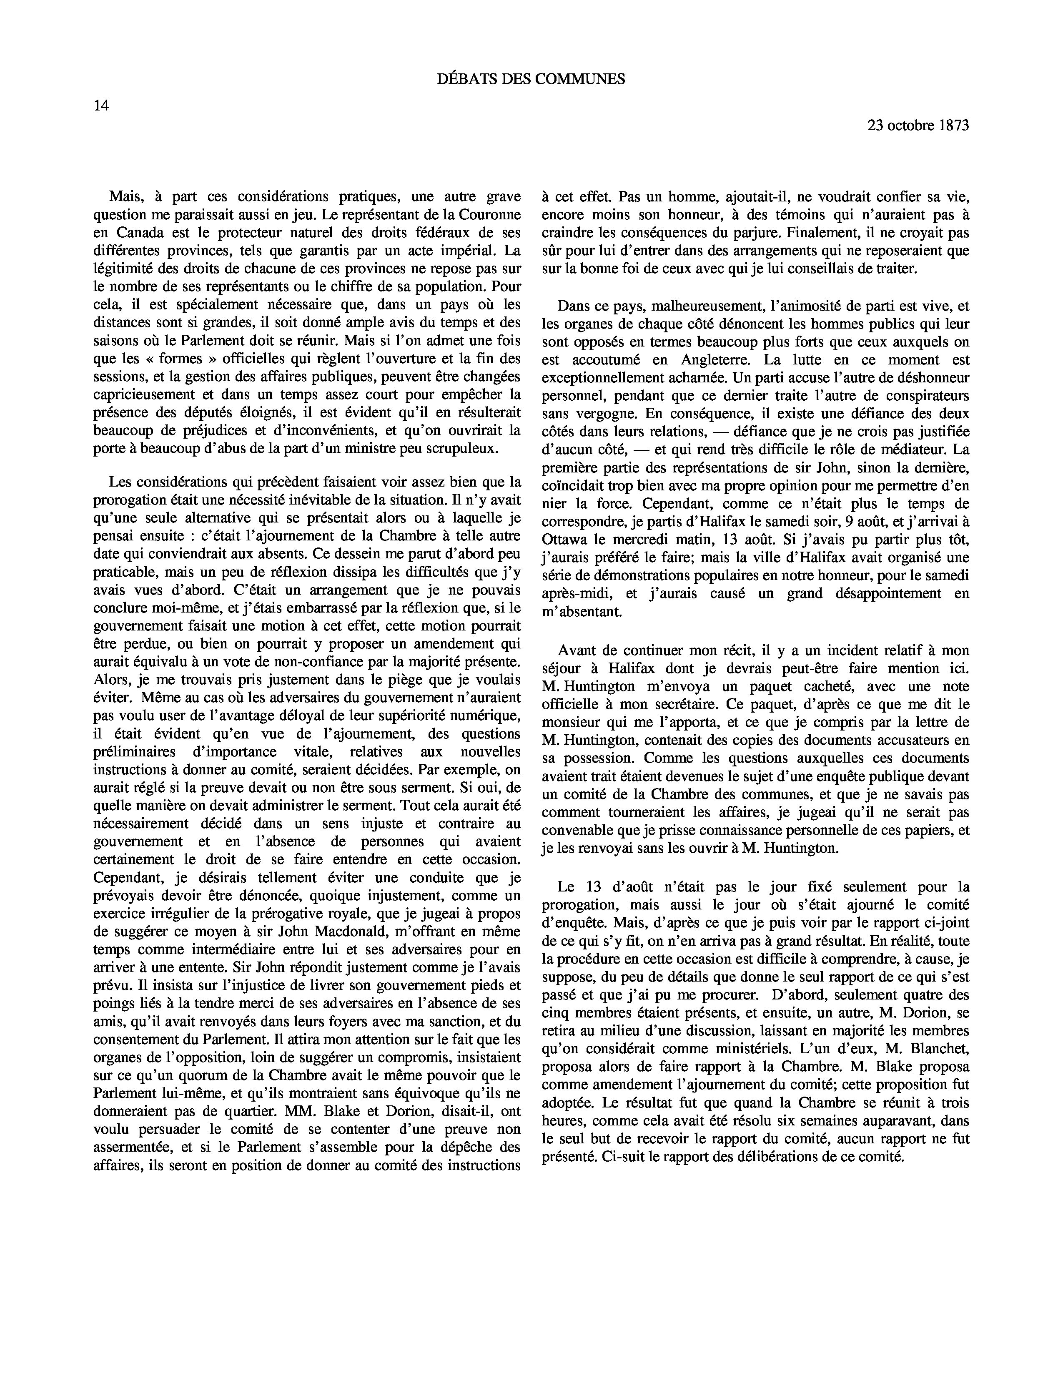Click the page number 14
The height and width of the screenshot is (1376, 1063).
point(101,106)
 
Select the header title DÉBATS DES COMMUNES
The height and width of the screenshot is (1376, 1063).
point(531,79)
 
